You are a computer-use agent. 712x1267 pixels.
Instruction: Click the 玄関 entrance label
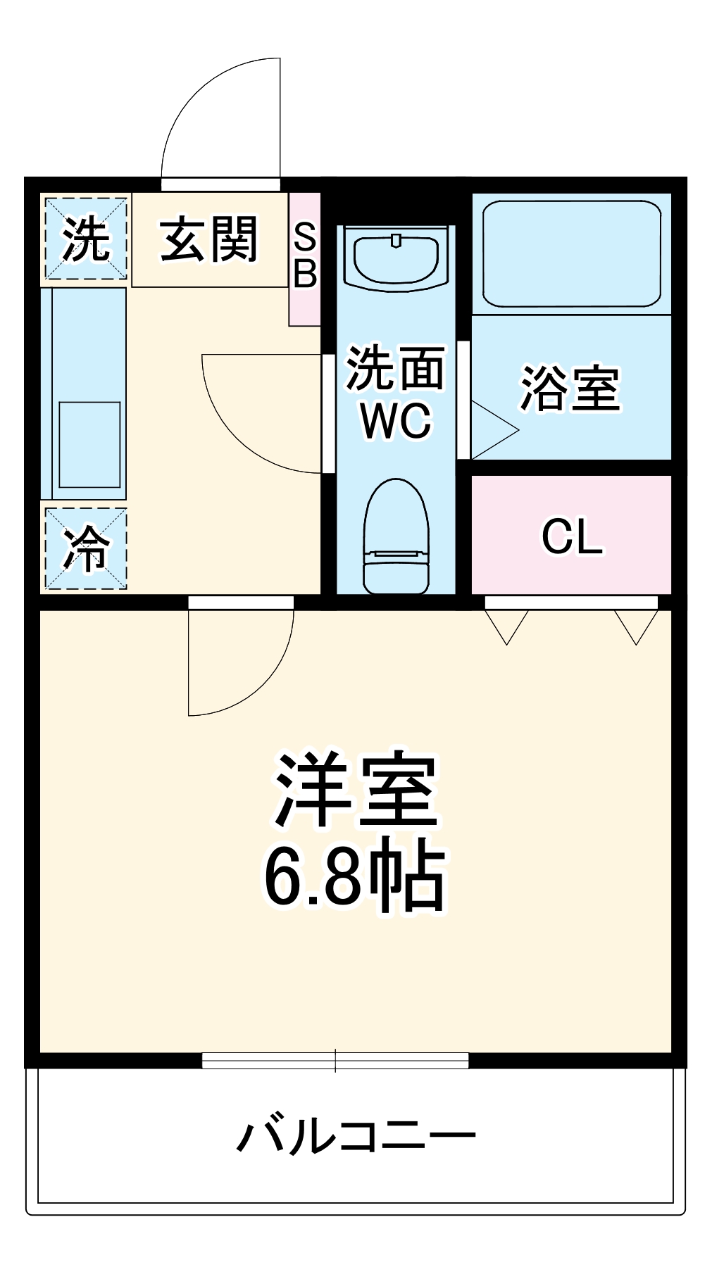209,240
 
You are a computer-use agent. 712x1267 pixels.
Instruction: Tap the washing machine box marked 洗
86,239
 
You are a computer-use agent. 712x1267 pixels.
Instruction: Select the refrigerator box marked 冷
86,548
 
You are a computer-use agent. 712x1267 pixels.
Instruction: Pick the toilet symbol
396,536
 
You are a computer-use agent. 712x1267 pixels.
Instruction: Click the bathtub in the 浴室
571,253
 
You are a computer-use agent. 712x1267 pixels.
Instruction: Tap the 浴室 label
570,389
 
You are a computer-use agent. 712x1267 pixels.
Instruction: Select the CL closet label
572,537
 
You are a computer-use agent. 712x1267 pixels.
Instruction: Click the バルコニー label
356,1136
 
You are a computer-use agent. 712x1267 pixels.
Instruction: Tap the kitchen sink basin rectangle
89,445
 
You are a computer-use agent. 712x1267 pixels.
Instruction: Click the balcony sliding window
335,1060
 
